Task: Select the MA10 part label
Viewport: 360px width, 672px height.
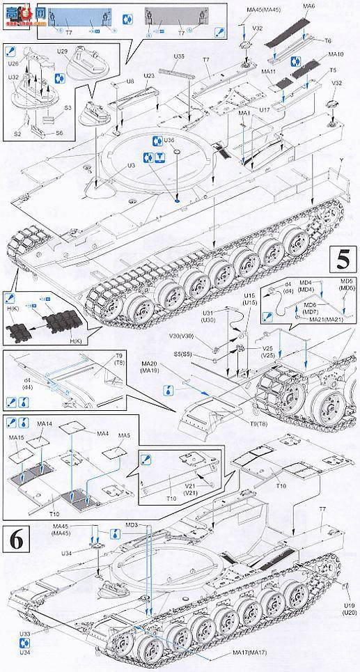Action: click(x=336, y=54)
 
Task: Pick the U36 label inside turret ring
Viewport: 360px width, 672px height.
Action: click(x=169, y=140)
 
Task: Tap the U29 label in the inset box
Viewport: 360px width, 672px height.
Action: click(x=61, y=52)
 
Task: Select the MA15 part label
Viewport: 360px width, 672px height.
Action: click(x=16, y=437)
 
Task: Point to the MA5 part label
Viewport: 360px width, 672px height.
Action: click(x=124, y=435)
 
